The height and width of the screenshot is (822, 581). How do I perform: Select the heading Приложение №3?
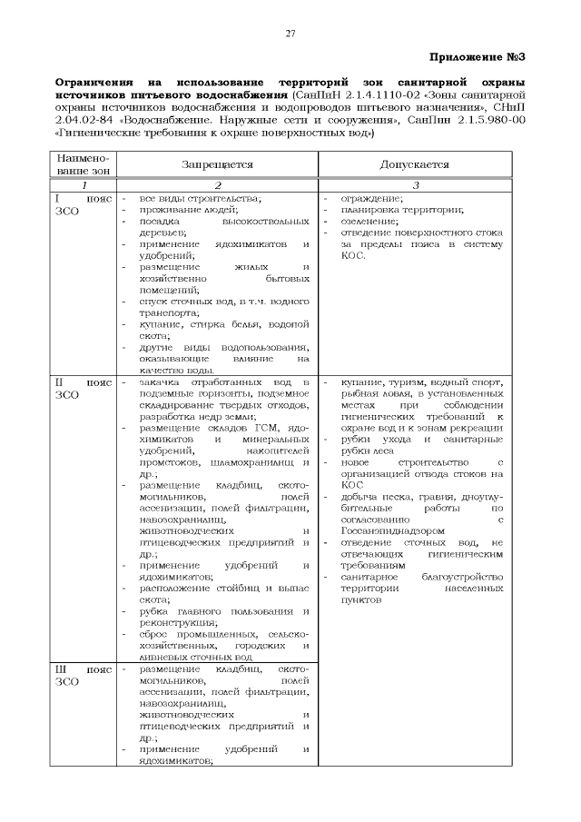(478, 57)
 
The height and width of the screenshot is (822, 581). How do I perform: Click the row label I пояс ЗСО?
(83, 204)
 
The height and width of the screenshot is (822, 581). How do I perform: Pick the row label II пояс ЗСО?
(83, 389)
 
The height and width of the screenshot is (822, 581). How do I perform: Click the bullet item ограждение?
(372, 198)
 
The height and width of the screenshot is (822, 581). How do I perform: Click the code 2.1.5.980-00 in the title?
(487, 119)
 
